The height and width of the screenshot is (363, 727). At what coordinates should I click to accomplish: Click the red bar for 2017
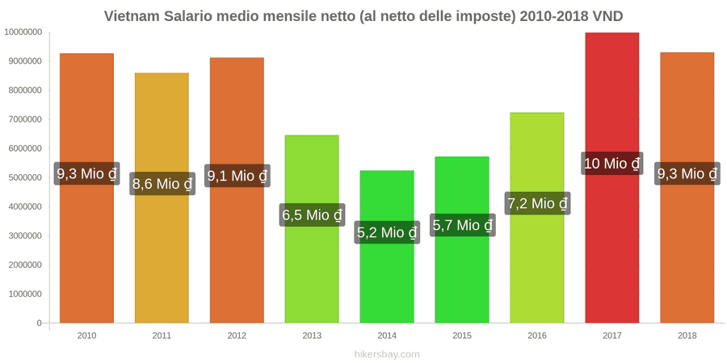point(612,177)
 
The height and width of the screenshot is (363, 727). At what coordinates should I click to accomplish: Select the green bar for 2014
point(387,247)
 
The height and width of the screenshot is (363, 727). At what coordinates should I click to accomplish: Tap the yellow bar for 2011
point(162,198)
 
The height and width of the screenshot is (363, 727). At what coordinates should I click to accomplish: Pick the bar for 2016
point(537,218)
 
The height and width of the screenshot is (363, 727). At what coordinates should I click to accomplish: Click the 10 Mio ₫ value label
point(612,164)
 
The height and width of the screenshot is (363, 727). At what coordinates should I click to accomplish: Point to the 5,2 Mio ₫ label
point(387,232)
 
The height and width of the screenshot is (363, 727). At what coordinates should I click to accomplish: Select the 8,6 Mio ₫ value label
point(162,184)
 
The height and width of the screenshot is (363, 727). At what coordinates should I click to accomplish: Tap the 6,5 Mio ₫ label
point(312,215)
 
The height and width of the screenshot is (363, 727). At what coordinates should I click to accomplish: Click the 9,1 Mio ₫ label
point(237,176)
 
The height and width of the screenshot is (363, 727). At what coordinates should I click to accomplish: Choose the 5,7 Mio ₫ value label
point(462,226)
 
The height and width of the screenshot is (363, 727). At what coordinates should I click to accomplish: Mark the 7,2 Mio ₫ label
point(537,203)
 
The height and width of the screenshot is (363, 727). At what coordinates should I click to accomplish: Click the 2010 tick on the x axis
point(86,336)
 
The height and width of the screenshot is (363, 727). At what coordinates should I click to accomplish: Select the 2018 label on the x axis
point(687,336)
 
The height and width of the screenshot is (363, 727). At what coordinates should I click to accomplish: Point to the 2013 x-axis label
point(312,336)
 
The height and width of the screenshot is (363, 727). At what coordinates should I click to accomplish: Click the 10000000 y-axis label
point(23,32)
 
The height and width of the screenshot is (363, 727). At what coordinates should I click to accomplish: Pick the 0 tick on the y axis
point(40,323)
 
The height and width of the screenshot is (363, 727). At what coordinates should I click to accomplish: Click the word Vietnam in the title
point(131,16)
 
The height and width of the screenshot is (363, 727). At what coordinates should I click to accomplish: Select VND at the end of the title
point(607,16)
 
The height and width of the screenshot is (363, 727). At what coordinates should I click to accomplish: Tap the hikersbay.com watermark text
point(387,354)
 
